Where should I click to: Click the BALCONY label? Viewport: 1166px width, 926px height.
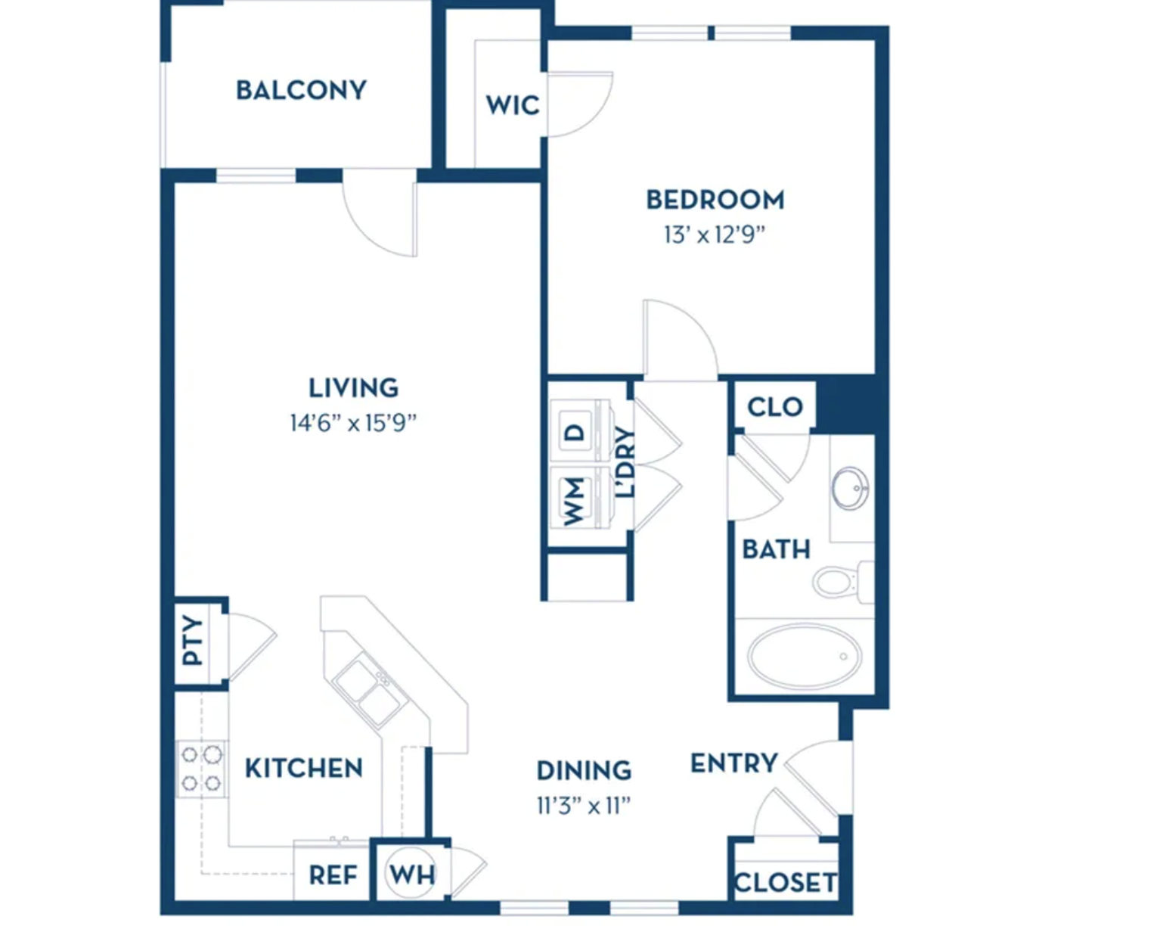click(301, 90)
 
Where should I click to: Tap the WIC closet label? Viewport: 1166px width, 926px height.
click(513, 105)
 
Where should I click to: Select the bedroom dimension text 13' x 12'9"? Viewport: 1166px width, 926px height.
click(715, 235)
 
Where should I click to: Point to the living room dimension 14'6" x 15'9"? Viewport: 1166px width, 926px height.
click(353, 423)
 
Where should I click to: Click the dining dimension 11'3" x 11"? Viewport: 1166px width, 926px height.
click(584, 806)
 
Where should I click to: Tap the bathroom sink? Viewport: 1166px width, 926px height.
click(850, 488)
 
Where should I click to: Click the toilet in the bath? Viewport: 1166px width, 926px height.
click(843, 583)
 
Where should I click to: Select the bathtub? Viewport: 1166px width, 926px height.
click(804, 657)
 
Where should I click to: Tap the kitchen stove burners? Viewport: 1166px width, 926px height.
click(201, 769)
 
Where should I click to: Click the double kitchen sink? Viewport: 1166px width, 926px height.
click(371, 691)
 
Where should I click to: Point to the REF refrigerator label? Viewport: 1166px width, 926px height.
click(333, 875)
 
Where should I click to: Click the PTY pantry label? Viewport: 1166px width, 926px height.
click(192, 640)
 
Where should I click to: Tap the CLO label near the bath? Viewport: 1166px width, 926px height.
click(775, 406)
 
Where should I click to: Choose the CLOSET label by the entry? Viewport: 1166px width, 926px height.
click(785, 883)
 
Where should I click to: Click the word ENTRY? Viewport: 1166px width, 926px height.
click(733, 763)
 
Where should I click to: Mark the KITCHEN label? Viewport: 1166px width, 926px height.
click(303, 769)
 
